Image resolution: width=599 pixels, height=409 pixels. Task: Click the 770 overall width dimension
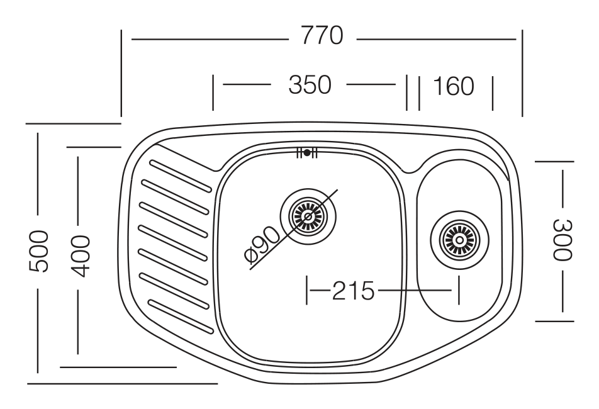[322, 35]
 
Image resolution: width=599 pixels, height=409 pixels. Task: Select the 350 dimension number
[310, 85]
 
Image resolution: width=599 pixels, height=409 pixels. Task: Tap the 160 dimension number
[454, 86]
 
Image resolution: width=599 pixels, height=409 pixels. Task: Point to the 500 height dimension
[38, 251]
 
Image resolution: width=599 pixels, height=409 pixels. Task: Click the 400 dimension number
[81, 256]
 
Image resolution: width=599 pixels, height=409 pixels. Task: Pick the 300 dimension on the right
[563, 240]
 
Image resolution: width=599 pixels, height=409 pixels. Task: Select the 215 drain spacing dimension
[354, 291]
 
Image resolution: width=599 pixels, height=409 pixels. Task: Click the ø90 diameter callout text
[263, 245]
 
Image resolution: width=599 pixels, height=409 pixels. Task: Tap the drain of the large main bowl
[308, 216]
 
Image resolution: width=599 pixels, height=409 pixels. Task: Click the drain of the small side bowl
[459, 240]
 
